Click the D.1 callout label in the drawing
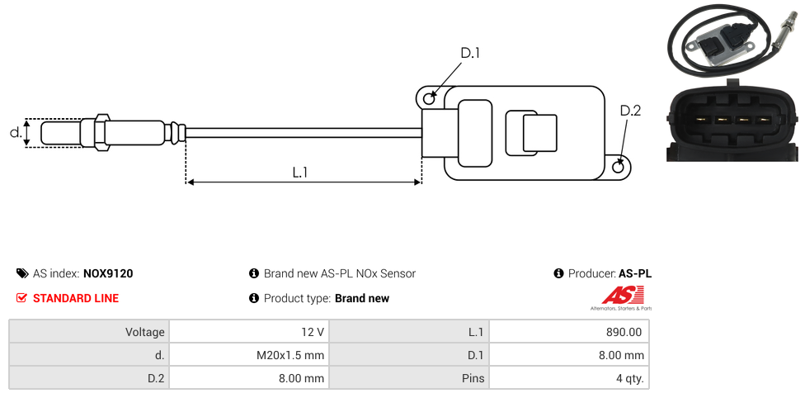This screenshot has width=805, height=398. (x=470, y=53)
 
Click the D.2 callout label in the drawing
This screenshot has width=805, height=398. (x=630, y=111)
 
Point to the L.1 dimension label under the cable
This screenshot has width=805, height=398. (x=300, y=173)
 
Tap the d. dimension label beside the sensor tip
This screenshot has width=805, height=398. (x=15, y=132)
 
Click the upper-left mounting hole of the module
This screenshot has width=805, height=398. (x=429, y=99)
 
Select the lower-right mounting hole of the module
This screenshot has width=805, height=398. (x=619, y=168)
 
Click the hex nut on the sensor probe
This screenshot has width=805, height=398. (x=102, y=132)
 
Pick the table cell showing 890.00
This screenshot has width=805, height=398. (x=568, y=332)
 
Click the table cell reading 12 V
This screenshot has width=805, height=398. (x=248, y=332)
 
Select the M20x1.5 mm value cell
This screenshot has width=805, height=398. (x=248, y=355)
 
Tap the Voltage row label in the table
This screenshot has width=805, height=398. (x=89, y=332)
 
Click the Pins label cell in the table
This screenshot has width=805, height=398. (x=409, y=378)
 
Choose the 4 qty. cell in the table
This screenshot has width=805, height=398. (x=568, y=378)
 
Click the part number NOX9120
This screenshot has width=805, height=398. (x=108, y=273)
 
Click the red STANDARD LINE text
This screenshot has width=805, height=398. (x=76, y=298)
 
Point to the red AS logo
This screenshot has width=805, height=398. (x=617, y=295)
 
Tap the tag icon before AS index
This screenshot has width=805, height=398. (x=22, y=273)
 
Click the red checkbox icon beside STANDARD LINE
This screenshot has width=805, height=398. (x=22, y=298)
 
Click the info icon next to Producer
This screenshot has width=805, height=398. (x=559, y=273)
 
